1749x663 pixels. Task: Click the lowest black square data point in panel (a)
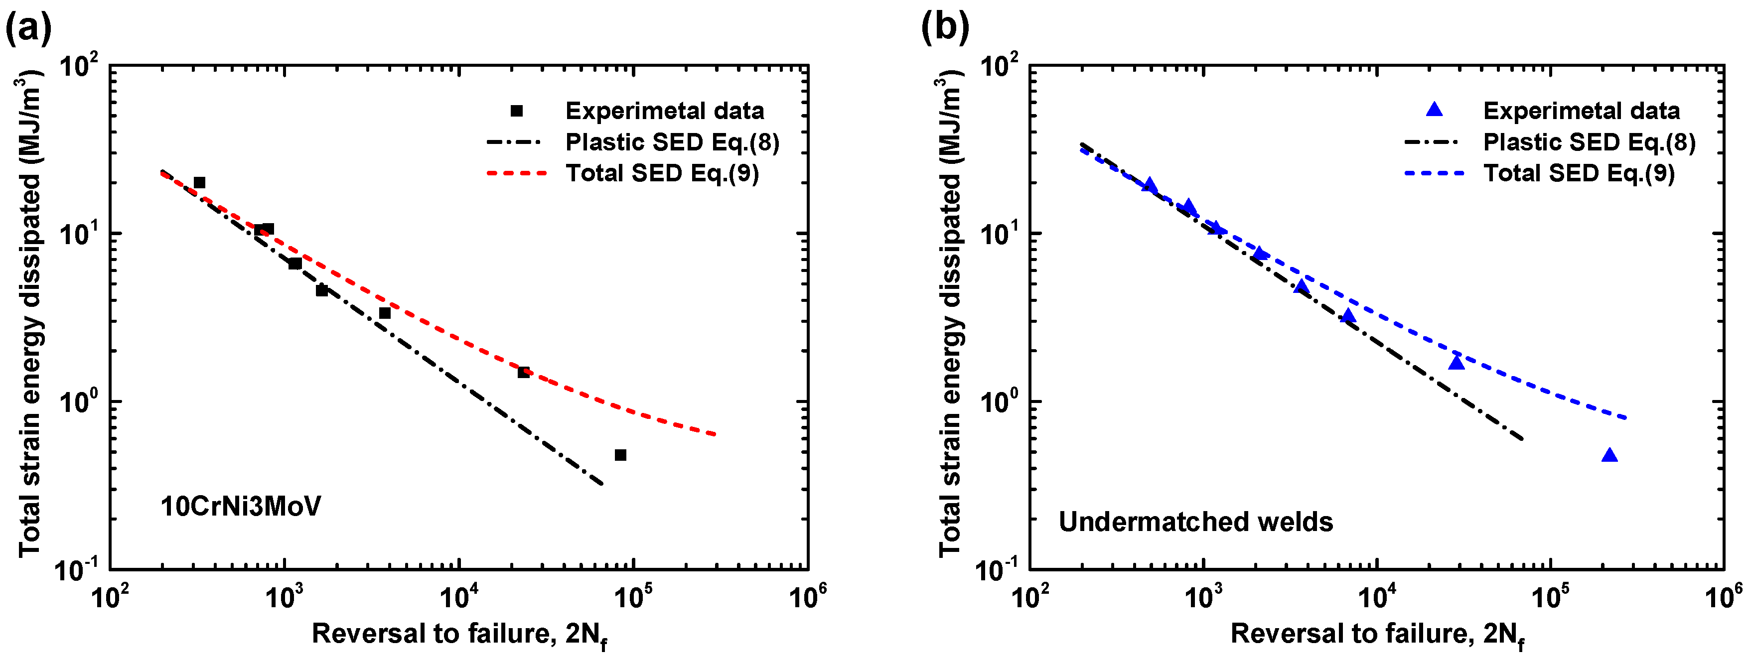click(620, 455)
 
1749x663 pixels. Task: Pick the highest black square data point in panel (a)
click(199, 182)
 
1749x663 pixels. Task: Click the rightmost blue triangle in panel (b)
click(1609, 455)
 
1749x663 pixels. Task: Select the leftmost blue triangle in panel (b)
click(1149, 185)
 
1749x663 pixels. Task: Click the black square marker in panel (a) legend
click(517, 111)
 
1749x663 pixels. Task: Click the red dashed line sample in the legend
click(516, 174)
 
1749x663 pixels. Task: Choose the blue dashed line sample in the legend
click(1433, 174)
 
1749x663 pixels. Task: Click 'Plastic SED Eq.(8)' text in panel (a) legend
click(672, 142)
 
